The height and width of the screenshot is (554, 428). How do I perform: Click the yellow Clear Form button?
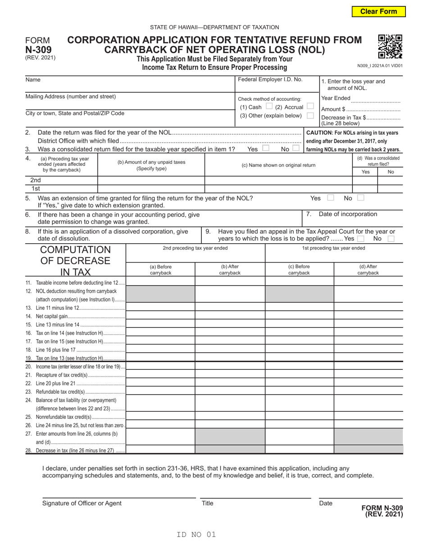378,12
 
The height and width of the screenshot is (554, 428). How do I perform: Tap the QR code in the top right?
390,46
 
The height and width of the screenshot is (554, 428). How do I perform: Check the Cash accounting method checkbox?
269,107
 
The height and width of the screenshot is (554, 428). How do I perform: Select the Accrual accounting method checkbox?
310,107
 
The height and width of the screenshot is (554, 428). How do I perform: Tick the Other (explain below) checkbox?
310,116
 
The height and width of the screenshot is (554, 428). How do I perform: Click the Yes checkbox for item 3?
266,149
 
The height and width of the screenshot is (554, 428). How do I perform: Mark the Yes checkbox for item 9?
360,239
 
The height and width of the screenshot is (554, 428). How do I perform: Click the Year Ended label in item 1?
336,98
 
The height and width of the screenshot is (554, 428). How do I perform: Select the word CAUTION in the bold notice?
320,132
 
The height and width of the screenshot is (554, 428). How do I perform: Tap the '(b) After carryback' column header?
230,269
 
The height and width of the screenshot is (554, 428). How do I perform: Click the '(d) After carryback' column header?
368,269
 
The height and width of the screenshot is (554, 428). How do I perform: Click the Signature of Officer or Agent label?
82,503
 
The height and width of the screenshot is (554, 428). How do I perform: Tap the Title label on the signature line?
207,503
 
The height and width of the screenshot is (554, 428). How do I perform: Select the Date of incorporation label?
348,214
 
